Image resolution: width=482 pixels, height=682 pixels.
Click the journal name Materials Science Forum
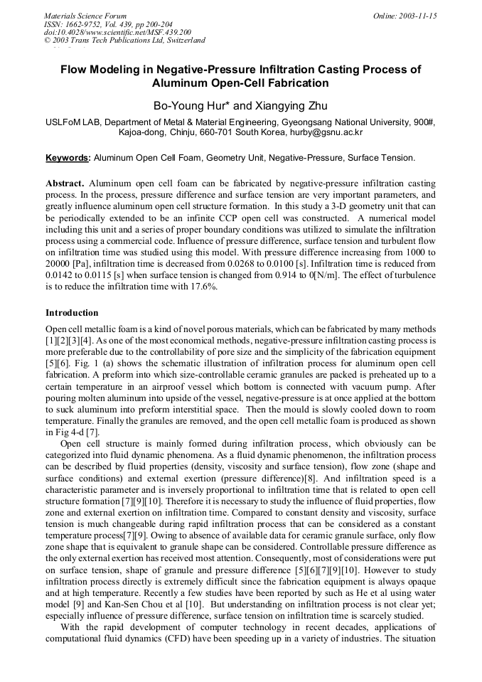pyautogui.click(x=85, y=16)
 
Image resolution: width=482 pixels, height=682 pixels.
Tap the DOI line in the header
pyautogui.click(x=117, y=32)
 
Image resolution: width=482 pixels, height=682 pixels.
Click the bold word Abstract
pyautogui.click(x=65, y=183)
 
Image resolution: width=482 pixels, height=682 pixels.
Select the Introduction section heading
pyautogui.click(x=72, y=312)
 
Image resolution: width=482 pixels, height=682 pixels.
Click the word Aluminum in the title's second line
pyautogui.click(x=184, y=83)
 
